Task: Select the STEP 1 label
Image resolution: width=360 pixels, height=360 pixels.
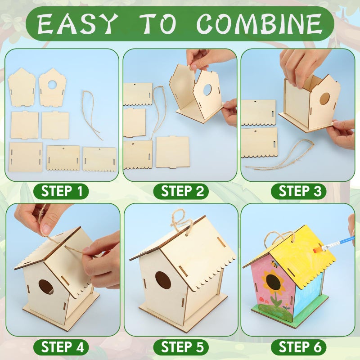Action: pos(63,191)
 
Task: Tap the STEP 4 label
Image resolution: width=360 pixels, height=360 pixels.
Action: pos(63,347)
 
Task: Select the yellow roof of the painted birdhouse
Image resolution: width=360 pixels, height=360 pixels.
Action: pos(306,252)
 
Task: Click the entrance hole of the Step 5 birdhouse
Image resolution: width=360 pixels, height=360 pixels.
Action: pos(163,280)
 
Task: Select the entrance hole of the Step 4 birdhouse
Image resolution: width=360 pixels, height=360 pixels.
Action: pos(45,287)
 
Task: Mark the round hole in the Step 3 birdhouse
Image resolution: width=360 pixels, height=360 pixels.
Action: pos(324,99)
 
